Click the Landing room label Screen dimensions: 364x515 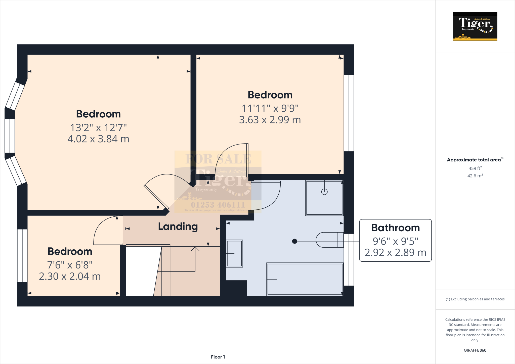[178, 227]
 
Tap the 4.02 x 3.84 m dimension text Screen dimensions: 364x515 [98, 139]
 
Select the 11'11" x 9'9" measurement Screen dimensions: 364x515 [270, 109]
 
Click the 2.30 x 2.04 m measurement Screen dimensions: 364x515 [70, 277]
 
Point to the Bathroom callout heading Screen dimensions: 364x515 [395, 228]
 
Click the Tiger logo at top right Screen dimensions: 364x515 [475, 26]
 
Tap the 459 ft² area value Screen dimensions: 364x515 [475, 168]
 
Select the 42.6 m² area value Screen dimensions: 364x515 [475, 176]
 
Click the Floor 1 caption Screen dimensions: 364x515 [218, 357]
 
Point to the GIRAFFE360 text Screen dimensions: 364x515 [475, 350]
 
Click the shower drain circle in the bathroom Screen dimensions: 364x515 [324, 192]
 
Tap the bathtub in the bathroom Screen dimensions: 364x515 [305, 279]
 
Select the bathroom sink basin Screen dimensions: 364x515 [234, 253]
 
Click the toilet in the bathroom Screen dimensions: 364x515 [329, 240]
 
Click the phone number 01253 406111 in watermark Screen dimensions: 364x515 [218, 205]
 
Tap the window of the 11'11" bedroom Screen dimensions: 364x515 [349, 113]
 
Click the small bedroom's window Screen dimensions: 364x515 [22, 256]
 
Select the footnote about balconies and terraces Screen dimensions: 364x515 [475, 299]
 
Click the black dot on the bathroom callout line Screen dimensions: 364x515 [295, 241]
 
